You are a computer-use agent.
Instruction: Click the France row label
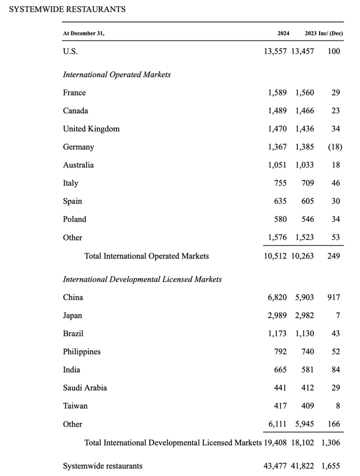click(74, 93)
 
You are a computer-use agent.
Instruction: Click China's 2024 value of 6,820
click(277, 297)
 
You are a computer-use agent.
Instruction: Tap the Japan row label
click(73, 315)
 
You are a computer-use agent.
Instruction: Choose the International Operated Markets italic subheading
click(117, 74)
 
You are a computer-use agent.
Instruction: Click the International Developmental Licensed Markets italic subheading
click(142, 279)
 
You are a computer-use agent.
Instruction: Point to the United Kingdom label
click(91, 129)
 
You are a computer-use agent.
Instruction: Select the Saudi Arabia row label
click(85, 388)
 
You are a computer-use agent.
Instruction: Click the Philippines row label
click(82, 351)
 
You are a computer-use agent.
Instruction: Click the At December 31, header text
click(84, 33)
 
